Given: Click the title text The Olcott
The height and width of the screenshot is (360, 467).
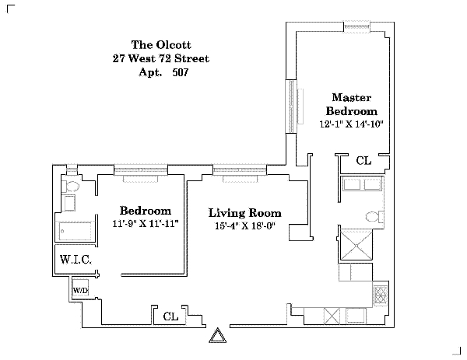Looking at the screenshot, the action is (161, 45).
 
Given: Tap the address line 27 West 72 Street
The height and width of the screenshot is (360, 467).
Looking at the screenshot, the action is (161, 58).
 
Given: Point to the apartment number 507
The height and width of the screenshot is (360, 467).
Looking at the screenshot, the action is (181, 72).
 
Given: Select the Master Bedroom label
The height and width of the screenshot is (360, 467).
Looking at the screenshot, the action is (352, 104).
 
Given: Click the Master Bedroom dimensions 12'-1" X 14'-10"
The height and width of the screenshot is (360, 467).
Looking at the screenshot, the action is (351, 124).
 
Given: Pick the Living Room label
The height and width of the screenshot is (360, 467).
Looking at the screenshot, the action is (245, 213).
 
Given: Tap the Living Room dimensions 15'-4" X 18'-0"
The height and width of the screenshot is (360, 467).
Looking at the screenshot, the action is (245, 225).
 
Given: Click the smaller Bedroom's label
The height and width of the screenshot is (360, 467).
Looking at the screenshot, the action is (146, 211).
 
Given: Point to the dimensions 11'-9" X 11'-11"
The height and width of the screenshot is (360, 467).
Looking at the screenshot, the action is (146, 223).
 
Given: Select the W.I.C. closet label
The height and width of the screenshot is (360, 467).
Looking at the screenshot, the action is (75, 260).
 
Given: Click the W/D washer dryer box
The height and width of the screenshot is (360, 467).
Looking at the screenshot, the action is (80, 288).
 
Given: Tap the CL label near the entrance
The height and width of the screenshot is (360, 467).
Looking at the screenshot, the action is (170, 316).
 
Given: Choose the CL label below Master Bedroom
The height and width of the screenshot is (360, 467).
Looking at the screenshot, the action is (363, 161).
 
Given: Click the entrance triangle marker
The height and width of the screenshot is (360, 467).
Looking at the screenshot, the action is (217, 335).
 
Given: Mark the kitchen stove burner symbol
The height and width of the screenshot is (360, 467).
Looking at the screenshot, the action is (381, 295).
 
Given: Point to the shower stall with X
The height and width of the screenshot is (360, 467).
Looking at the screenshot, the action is (356, 246).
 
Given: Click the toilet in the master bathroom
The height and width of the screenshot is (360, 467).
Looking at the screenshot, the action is (374, 217).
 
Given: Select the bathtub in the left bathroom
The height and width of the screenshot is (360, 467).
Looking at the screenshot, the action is (75, 231).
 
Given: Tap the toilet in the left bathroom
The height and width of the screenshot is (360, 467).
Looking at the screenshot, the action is (70, 187).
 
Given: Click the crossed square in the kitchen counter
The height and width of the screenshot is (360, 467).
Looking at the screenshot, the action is (332, 316).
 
